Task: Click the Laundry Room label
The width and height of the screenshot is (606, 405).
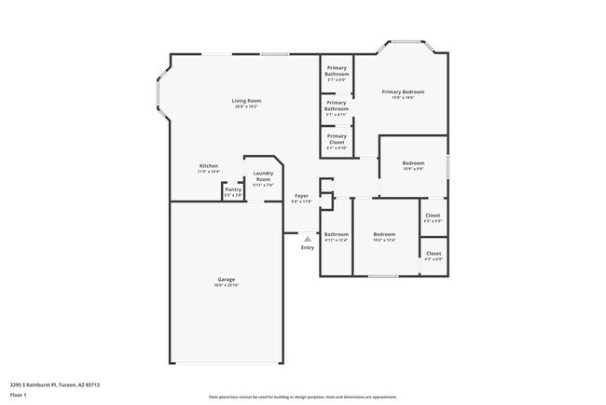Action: tap(263, 177)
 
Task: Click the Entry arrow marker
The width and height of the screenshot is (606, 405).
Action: tap(308, 238)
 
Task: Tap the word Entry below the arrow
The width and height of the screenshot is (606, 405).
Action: tap(308, 247)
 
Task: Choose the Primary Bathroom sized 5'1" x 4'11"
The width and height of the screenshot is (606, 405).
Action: tap(337, 109)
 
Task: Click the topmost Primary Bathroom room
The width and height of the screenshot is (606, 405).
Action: tap(337, 74)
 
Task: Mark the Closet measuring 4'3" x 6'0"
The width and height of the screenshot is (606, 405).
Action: tap(434, 255)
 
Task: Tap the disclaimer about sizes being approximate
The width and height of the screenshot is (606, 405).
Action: tap(302, 397)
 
